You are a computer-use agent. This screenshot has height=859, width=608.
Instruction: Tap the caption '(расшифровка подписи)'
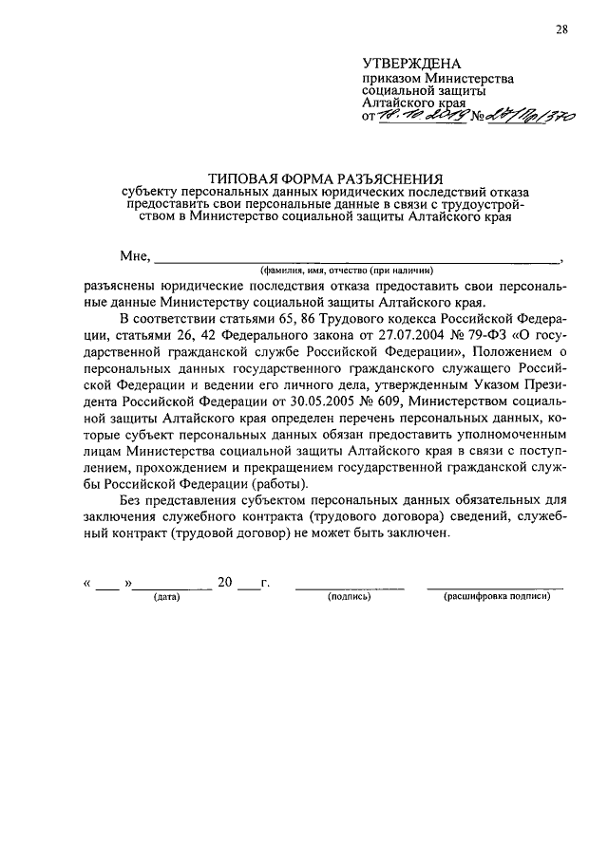pyautogui.click(x=496, y=597)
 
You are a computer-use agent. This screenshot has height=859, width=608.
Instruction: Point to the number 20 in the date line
pyautogui.click(x=225, y=582)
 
